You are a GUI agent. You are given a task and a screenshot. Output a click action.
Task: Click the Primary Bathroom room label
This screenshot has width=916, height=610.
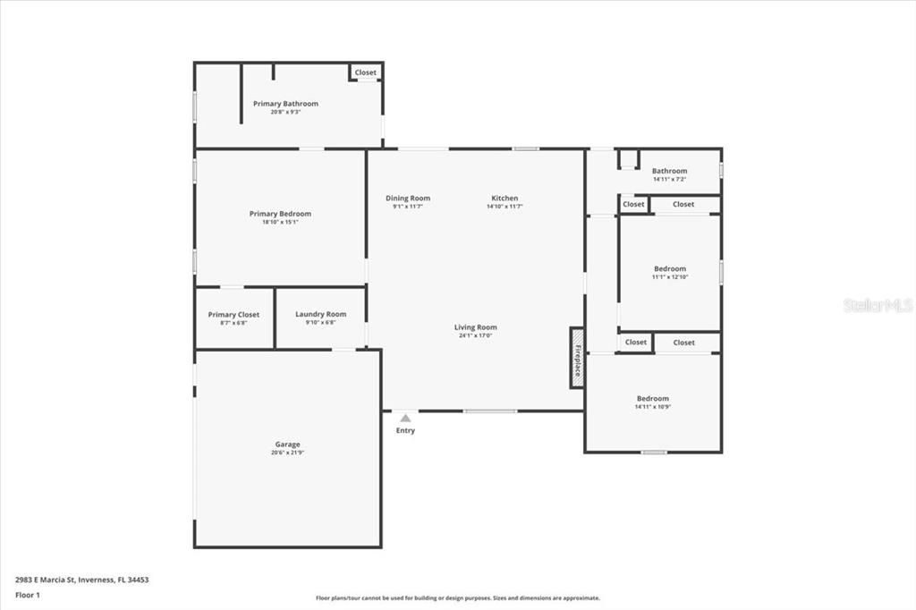point(285,104)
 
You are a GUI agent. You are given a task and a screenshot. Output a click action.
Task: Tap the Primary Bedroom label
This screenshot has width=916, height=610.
point(280,214)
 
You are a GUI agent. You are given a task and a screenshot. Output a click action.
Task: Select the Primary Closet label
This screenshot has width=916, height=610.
point(233,315)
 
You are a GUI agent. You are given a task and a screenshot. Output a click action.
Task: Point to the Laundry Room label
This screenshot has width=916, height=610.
point(320,315)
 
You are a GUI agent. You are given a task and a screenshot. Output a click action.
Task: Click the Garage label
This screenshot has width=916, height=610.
point(287,445)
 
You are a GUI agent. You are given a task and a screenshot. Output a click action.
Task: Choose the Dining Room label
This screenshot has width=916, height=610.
point(408,199)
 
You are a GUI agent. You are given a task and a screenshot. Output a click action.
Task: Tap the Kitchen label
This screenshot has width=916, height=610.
point(505,199)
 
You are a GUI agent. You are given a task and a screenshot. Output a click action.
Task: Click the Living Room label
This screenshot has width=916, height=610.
point(475,327)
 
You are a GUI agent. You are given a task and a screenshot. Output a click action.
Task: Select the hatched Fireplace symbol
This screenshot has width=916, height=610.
point(577,358)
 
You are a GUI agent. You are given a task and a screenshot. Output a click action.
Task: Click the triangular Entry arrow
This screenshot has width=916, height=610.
point(405,418)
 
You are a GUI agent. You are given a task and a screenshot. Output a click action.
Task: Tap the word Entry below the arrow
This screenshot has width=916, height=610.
point(405,431)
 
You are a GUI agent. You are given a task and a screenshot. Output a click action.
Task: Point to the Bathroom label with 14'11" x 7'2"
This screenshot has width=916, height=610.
point(669,171)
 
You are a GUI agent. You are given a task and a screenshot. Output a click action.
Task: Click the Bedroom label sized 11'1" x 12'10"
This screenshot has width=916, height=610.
point(670,268)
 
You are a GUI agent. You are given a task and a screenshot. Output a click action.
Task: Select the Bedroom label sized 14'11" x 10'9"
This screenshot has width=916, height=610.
point(653,399)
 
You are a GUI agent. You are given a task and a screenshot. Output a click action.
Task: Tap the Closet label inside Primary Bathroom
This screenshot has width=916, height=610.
point(365,72)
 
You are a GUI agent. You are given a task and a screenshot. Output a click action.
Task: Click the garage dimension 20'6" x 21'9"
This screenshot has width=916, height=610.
point(287,453)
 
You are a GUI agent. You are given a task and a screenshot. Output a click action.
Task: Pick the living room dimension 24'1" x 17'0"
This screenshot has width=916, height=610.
point(475,335)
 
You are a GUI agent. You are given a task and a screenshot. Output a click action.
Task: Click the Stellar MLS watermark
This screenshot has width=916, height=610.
point(878,305)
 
